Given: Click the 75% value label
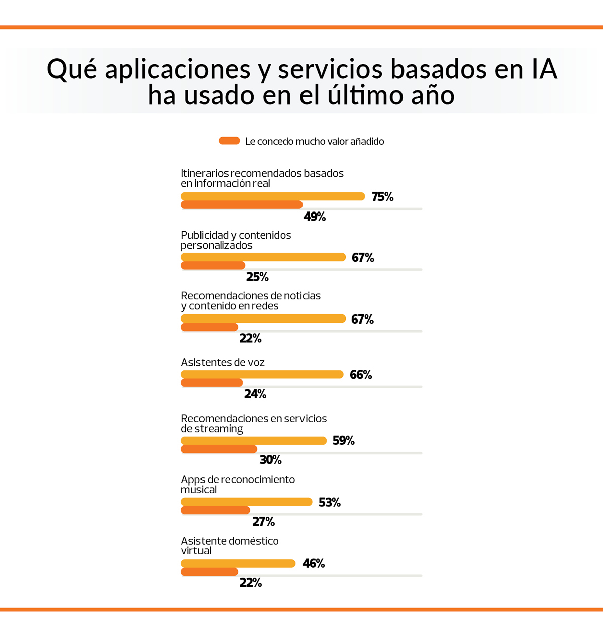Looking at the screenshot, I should [x=382, y=197].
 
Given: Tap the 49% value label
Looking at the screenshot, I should [x=315, y=217].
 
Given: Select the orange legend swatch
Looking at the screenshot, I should [x=229, y=141].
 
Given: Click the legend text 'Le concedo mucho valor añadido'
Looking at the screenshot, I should [x=315, y=141].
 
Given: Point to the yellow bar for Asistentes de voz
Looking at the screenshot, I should [x=262, y=374].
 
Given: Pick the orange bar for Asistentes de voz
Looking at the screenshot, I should [x=212, y=383].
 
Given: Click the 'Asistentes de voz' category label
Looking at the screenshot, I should [x=223, y=362].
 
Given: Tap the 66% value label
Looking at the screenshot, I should [x=361, y=375].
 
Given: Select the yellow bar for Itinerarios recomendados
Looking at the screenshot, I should [x=273, y=196].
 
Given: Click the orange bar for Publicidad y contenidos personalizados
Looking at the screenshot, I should [x=213, y=265].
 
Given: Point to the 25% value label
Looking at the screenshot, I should [x=257, y=277].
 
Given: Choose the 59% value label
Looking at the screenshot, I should [x=343, y=441].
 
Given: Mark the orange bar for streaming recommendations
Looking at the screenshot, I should [x=219, y=449].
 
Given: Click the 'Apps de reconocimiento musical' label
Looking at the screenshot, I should [x=238, y=484].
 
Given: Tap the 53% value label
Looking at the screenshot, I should [x=329, y=502].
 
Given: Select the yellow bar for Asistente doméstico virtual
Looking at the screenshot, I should [x=238, y=564].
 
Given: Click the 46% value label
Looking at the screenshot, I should [x=314, y=564].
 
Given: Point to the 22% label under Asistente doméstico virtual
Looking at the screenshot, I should [x=250, y=583].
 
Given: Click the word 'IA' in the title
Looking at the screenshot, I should [x=544, y=69].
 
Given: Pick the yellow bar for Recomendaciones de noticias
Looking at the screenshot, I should [x=263, y=318].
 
